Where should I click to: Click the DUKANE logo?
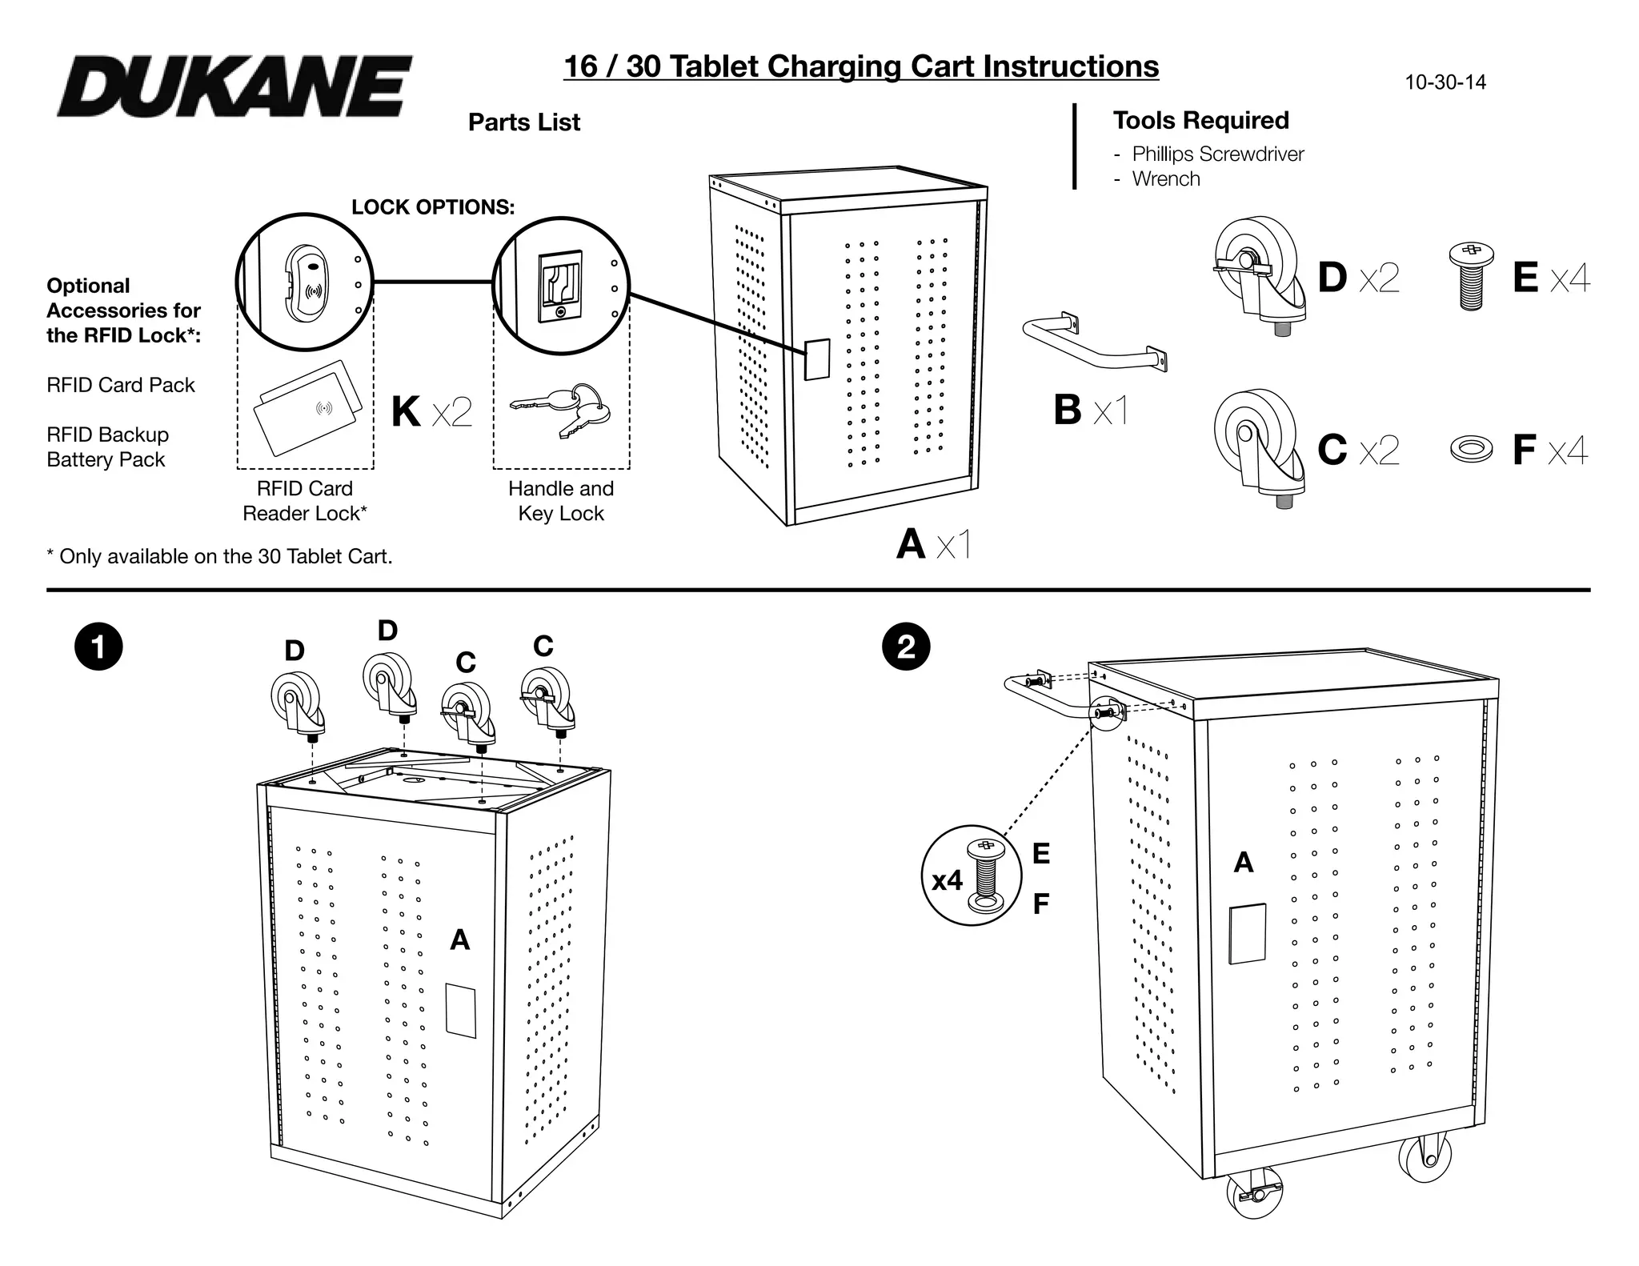click(x=234, y=86)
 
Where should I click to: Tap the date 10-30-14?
click(x=1445, y=82)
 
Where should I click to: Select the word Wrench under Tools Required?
click(x=1166, y=179)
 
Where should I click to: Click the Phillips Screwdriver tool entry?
click(x=1217, y=154)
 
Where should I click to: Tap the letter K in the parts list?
click(x=406, y=412)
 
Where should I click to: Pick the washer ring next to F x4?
click(x=1471, y=450)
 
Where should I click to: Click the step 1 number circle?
click(x=98, y=647)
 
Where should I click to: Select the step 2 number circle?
click(x=906, y=647)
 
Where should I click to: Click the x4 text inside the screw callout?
click(x=947, y=881)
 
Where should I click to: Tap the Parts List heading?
click(x=524, y=122)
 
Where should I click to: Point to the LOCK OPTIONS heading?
click(x=433, y=207)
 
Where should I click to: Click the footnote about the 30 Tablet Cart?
click(x=220, y=557)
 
